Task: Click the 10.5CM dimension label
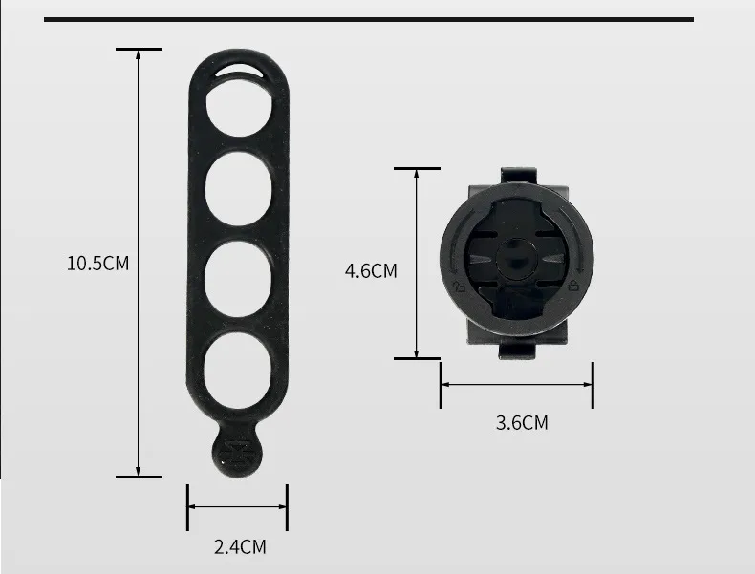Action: [97, 264]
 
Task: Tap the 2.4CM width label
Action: [240, 547]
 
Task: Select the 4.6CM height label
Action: [371, 271]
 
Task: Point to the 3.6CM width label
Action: [522, 423]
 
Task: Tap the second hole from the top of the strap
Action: [238, 188]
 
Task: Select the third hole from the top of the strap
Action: [238, 279]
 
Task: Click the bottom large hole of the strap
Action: [237, 371]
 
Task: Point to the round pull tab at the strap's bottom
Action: [237, 452]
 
